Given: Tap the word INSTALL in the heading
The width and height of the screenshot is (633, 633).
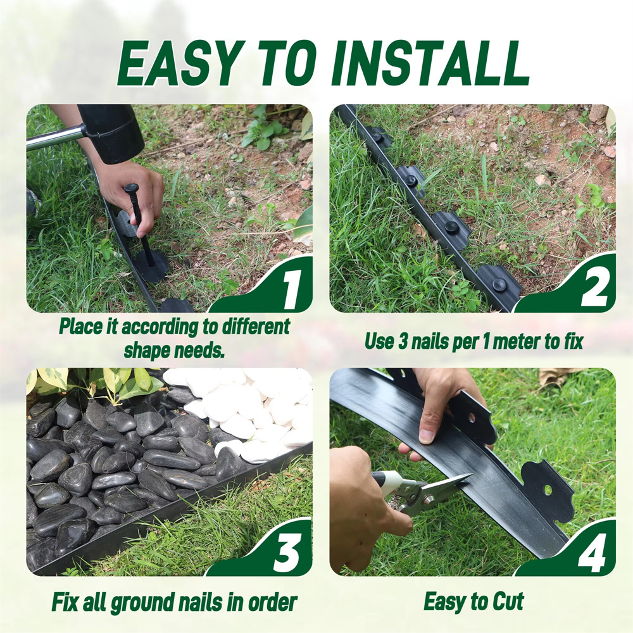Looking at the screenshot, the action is click(430, 64).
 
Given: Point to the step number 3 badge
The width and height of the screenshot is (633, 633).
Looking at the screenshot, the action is click(287, 552).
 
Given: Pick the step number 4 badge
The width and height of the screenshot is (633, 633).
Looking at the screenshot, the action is click(592, 552).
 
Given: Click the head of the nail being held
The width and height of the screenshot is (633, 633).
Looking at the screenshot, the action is click(132, 188).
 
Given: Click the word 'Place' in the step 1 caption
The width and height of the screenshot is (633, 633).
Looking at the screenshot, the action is click(81, 326).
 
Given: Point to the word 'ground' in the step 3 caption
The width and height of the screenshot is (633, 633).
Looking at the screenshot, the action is click(142, 603).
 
